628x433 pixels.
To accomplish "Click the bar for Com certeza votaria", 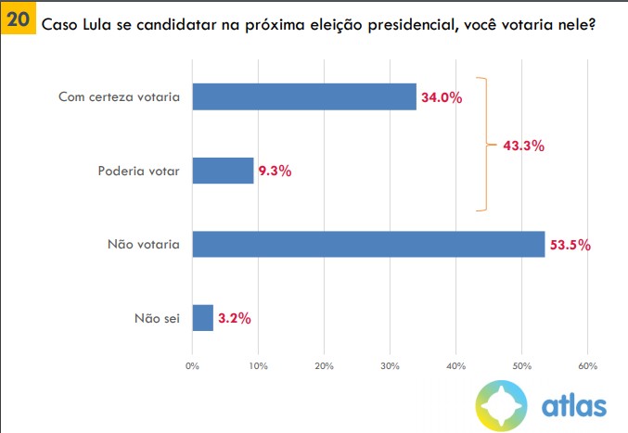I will (x=304, y=96).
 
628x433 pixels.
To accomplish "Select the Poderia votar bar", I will (x=223, y=171).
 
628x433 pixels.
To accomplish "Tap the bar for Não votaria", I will (x=368, y=244).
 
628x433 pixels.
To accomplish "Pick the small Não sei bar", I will (x=203, y=318).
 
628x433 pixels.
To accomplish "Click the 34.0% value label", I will (x=442, y=96).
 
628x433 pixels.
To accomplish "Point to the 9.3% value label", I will (x=276, y=171).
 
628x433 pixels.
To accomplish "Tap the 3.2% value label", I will (x=234, y=318).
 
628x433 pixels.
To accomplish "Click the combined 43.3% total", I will (x=522, y=146).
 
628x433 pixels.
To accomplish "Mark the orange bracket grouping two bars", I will (x=481, y=144).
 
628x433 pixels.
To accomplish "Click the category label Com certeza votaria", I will (x=119, y=96).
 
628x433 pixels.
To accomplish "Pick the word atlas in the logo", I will (x=574, y=404).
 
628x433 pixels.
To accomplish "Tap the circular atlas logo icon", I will (x=502, y=404).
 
